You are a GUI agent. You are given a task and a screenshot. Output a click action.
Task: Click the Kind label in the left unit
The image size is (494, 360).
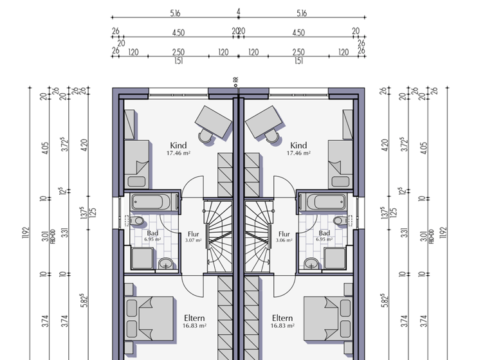click(178, 145)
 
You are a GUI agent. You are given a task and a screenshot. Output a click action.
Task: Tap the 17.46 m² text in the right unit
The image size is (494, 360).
click(298, 154)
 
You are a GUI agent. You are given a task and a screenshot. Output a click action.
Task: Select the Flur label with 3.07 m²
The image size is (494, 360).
click(194, 234)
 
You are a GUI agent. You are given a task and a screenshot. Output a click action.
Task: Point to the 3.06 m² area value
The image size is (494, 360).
click(284, 240)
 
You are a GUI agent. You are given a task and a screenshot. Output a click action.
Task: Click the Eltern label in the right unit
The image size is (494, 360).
click(282, 318)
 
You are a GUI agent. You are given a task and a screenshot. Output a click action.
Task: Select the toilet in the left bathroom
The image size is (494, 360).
click(136, 222)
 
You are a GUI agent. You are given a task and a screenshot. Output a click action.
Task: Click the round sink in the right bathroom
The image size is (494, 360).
click(311, 263)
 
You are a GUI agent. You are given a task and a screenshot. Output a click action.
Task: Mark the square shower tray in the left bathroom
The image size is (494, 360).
click(142, 258)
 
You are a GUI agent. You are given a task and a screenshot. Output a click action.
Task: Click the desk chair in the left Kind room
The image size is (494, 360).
click(206, 136)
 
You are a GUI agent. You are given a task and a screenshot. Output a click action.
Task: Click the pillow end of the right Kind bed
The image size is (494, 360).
click(338, 167)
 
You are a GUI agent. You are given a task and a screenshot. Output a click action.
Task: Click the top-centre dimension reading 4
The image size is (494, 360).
click(238, 12)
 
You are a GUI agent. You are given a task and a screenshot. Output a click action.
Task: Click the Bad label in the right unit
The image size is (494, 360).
click(324, 233)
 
